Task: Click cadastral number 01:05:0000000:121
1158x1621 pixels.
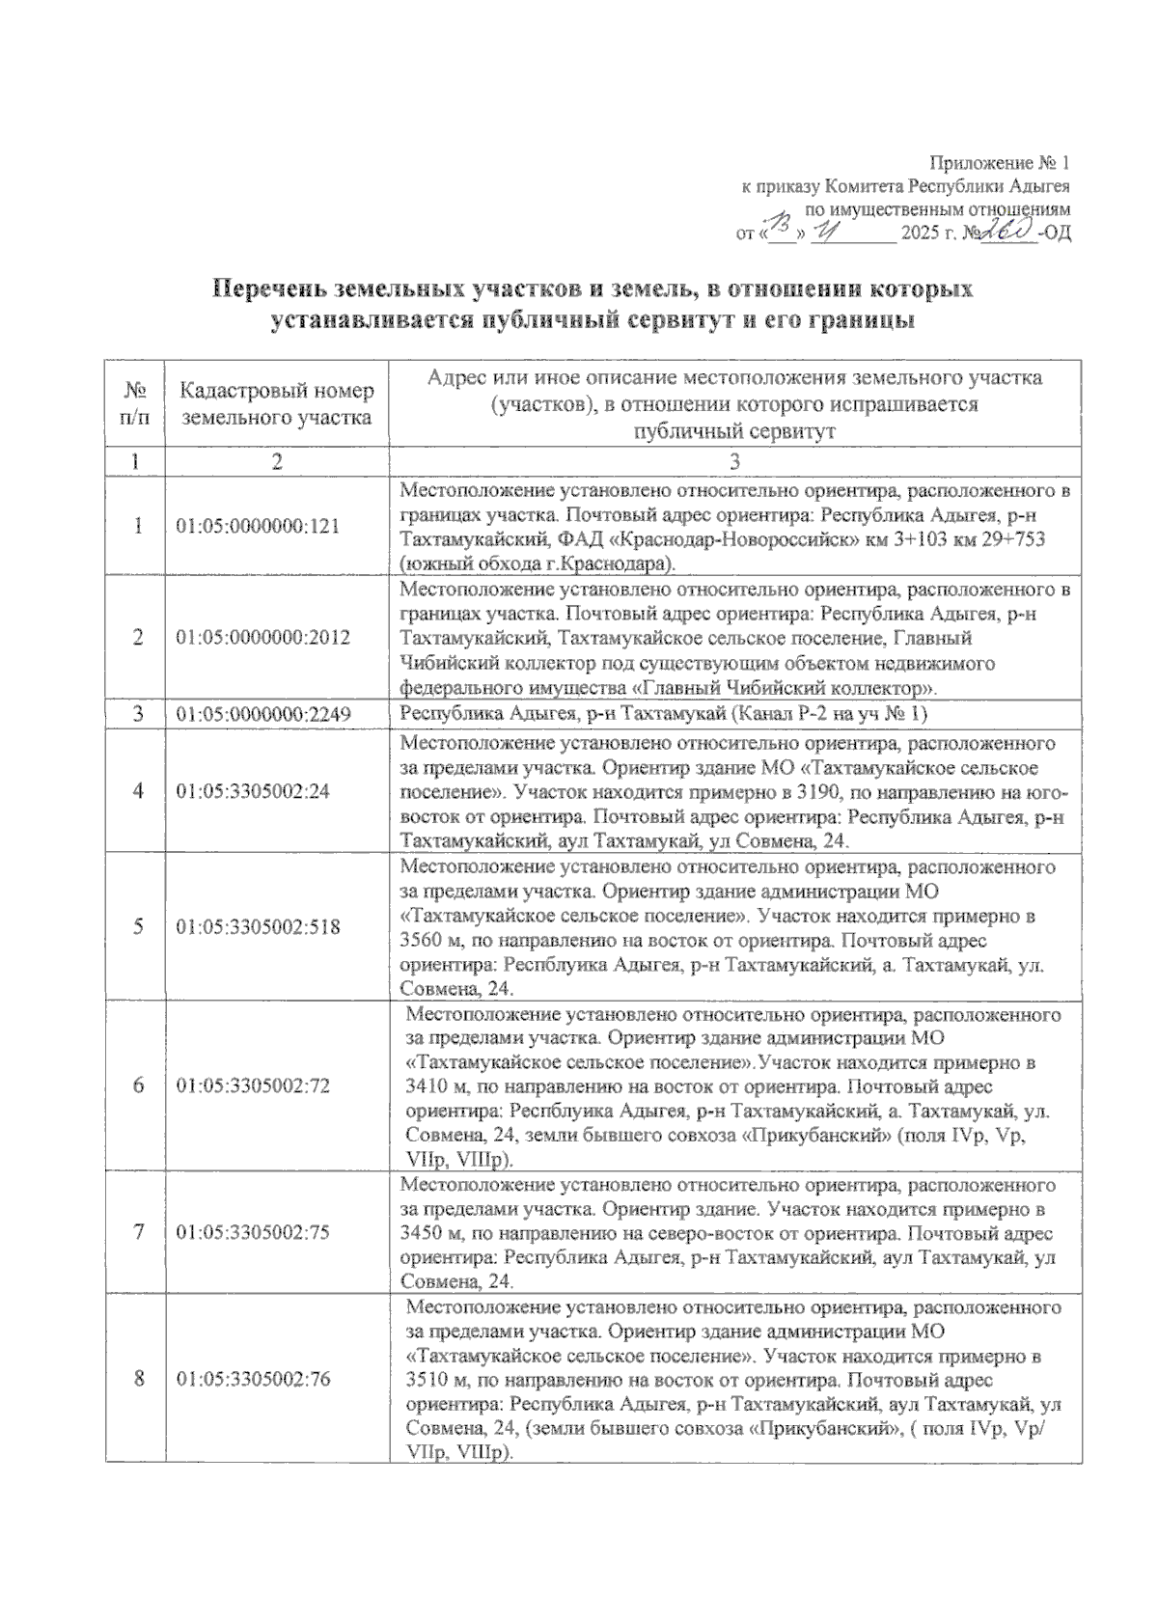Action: point(258,527)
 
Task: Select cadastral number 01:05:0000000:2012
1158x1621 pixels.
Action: point(262,638)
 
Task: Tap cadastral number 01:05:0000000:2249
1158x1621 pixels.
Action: point(262,714)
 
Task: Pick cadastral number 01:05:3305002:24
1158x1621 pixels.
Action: point(253,790)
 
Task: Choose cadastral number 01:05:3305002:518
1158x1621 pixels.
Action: point(258,926)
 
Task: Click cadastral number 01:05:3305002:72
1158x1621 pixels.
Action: point(253,1085)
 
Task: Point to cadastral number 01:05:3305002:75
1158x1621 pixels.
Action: point(253,1232)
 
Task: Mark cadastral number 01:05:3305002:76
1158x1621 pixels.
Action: point(253,1379)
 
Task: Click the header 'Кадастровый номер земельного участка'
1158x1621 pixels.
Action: point(277,404)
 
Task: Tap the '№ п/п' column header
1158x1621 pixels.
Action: point(135,404)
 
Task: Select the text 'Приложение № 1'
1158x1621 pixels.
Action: point(1000,162)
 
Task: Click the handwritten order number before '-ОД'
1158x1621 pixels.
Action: point(1006,232)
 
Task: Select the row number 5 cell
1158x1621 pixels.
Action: point(137,926)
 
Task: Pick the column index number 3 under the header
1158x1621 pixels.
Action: point(734,462)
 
